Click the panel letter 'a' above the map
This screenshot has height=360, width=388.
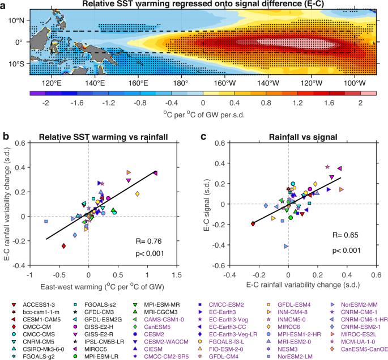pyautogui.click(x=5, y=5)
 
